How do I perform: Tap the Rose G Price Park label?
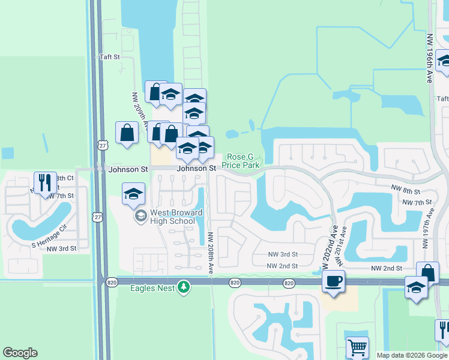pyautogui.click(x=241, y=160)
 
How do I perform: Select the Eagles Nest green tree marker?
pyautogui.click(x=184, y=288)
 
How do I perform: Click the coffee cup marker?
pyautogui.click(x=333, y=281)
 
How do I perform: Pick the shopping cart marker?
pyautogui.click(x=357, y=347)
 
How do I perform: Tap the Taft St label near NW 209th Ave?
pyautogui.click(x=110, y=58)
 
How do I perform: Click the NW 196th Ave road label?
pyautogui.click(x=430, y=59)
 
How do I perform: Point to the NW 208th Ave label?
pyautogui.click(x=211, y=253)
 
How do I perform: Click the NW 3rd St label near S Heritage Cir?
pyautogui.click(x=61, y=248)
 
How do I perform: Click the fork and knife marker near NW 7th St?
pyautogui.click(x=44, y=182)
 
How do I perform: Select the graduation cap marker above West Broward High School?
pyautogui.click(x=133, y=194)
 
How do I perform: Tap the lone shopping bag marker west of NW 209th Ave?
pyautogui.click(x=127, y=133)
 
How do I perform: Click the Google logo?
pyautogui.click(x=20, y=353)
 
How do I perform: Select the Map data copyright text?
pyautogui.click(x=412, y=355)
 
